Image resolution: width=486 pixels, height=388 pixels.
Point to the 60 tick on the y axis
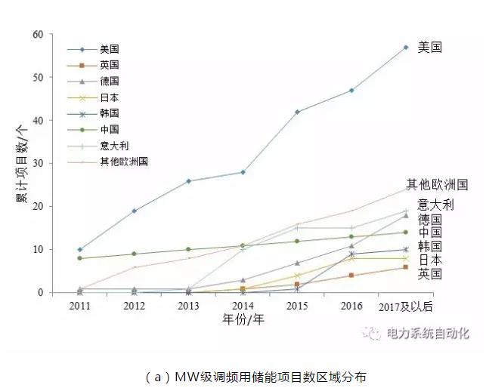coord(37,34)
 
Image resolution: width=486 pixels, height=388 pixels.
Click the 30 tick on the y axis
coord(37,163)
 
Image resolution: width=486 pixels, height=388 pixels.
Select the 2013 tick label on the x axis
coord(188,306)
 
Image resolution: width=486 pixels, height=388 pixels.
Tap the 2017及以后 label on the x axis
coord(407,306)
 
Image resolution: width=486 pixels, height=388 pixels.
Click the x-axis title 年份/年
coord(243,319)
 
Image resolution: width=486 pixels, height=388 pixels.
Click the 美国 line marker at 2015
coord(297,112)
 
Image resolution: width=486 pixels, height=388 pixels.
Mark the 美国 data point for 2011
coord(80,249)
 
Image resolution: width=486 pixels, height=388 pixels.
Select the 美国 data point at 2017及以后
coord(406,47)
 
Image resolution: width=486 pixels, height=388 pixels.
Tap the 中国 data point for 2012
coord(135,254)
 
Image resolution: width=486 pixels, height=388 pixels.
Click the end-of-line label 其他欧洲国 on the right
coord(437,184)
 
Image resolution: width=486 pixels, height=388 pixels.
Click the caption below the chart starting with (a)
coord(243,375)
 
